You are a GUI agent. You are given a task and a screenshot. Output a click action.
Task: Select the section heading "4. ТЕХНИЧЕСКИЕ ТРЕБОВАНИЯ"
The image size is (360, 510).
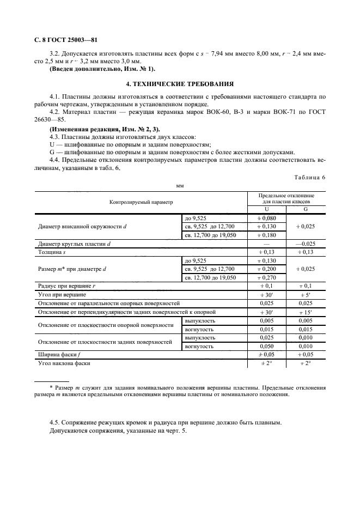pyautogui.click(x=180, y=84)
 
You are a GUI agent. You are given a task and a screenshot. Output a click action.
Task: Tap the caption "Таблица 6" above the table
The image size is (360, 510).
pyautogui.click(x=309, y=178)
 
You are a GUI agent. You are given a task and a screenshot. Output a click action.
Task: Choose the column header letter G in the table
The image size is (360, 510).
pyautogui.click(x=306, y=209)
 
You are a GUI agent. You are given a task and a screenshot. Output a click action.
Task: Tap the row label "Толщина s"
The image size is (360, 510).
pyautogui.click(x=52, y=252)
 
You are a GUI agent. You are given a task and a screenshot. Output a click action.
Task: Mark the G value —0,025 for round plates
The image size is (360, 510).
pyautogui.click(x=306, y=244)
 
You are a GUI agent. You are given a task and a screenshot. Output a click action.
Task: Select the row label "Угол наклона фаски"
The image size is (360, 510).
pyautogui.click(x=63, y=362)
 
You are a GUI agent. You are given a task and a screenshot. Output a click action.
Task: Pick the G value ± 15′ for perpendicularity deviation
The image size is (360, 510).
pyautogui.click(x=306, y=312)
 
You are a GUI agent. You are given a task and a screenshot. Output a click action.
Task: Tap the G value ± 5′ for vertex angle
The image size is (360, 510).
pyautogui.click(x=306, y=294)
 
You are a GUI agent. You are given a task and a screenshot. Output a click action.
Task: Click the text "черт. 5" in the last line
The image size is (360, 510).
pyautogui.click(x=175, y=431)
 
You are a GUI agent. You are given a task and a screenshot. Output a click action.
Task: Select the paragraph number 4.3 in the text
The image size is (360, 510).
pyautogui.click(x=54, y=137)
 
